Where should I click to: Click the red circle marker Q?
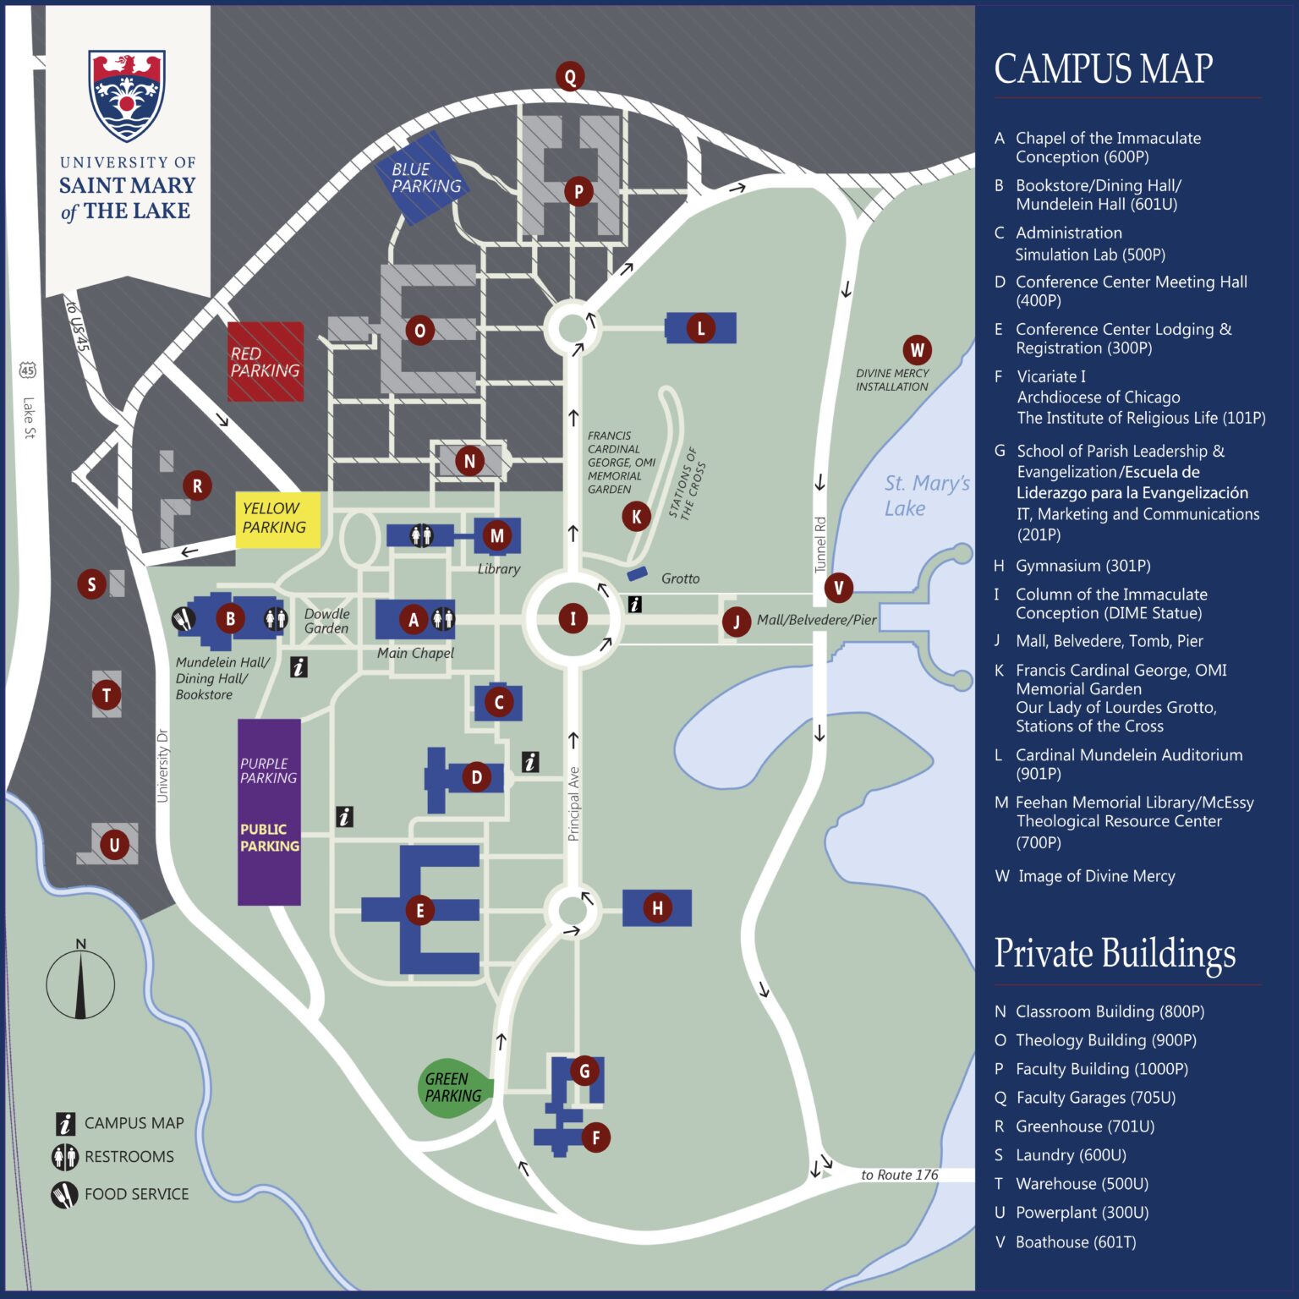point(570,77)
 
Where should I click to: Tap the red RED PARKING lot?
point(266,362)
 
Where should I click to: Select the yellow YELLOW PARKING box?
point(277,518)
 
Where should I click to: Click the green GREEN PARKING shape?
point(453,1088)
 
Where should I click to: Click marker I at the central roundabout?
point(573,618)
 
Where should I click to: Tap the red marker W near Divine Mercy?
point(917,349)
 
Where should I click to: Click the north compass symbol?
point(80,983)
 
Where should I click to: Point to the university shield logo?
point(127,95)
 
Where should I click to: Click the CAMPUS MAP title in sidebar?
point(1103,69)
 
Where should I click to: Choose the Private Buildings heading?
point(1115,954)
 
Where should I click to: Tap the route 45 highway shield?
point(28,370)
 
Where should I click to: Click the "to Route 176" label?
point(899,1175)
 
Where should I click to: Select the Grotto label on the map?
point(680,578)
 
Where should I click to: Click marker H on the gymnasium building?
point(657,908)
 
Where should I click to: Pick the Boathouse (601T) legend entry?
point(1075,1241)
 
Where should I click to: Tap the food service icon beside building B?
point(184,619)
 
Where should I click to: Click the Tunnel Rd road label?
point(819,545)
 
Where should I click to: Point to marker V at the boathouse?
point(838,588)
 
